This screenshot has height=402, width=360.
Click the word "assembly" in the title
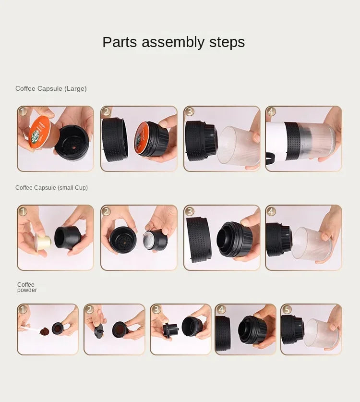173,42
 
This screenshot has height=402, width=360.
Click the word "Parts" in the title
120,42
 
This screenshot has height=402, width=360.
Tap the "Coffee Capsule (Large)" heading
51,89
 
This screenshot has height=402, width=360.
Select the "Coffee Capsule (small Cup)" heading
51,188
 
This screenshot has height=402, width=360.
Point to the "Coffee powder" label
27,287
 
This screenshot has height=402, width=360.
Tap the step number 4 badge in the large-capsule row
271,112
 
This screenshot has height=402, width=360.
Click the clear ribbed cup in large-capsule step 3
238,146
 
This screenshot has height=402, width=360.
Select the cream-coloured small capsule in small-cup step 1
43,242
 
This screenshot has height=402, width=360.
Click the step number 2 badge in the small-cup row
106,211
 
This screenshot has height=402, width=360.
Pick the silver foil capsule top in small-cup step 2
149,240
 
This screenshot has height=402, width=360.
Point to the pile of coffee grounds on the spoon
45,331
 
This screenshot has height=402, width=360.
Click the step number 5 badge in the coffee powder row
286,309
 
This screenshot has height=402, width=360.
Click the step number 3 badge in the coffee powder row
156,309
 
